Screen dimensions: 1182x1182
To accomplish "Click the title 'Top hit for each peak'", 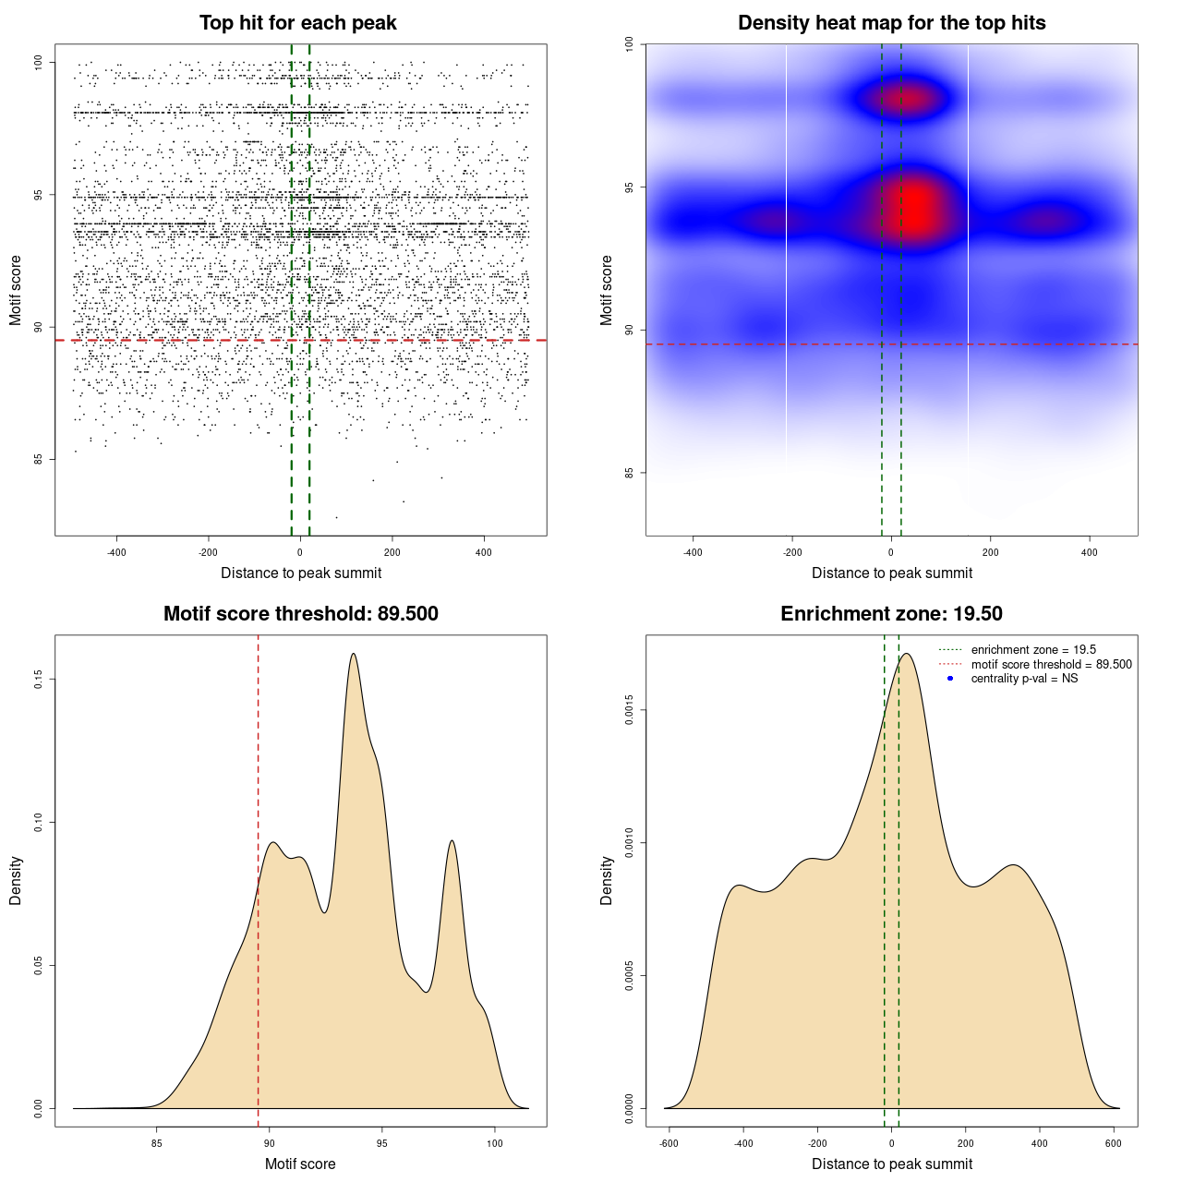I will click(297, 23).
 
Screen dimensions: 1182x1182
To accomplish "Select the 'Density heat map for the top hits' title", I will click(891, 23).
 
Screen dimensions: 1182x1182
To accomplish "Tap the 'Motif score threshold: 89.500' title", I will click(300, 614).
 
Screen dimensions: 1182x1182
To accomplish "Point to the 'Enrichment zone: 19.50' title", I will click(891, 614).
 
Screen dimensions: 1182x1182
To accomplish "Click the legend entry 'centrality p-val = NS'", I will click(1024, 679).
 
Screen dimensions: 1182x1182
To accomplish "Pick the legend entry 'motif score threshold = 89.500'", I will click(1051, 665).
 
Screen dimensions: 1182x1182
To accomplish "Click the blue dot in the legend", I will click(950, 679).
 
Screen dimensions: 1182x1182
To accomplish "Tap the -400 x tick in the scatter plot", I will click(116, 553).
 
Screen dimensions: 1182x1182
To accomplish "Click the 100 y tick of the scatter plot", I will click(38, 62).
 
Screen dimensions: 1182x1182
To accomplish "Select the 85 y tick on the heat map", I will click(629, 473).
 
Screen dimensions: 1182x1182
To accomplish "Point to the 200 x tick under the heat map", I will click(990, 553).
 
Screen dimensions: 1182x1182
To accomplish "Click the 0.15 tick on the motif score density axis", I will click(38, 680).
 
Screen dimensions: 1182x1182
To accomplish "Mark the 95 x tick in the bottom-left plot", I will click(381, 1143).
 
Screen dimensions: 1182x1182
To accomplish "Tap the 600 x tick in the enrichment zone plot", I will click(1114, 1143).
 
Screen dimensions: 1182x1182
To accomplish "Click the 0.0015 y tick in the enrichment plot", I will click(629, 710).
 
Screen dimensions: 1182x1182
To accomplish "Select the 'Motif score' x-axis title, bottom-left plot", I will click(300, 1164).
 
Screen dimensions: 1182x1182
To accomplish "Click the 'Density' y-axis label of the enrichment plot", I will click(607, 880).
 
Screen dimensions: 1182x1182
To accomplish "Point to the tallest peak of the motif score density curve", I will click(354, 654).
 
